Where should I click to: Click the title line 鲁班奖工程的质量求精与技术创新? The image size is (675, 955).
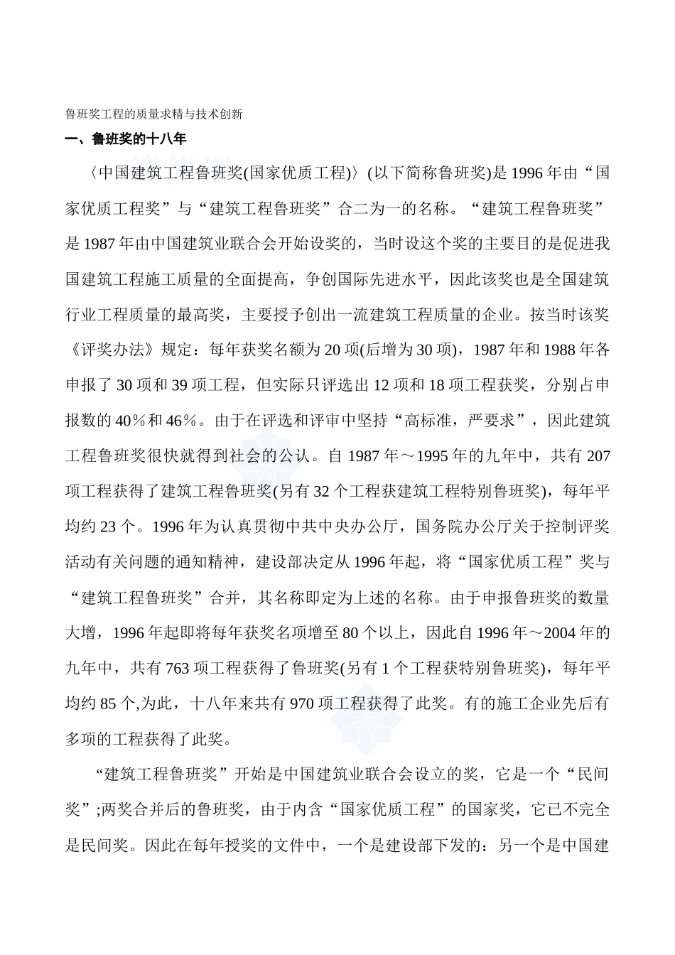tap(154, 114)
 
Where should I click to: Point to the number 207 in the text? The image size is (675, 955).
tap(598, 456)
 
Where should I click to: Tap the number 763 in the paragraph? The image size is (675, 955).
tap(177, 669)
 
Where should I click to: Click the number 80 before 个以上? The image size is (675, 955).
tap(350, 633)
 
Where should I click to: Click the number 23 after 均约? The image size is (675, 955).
tap(109, 527)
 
